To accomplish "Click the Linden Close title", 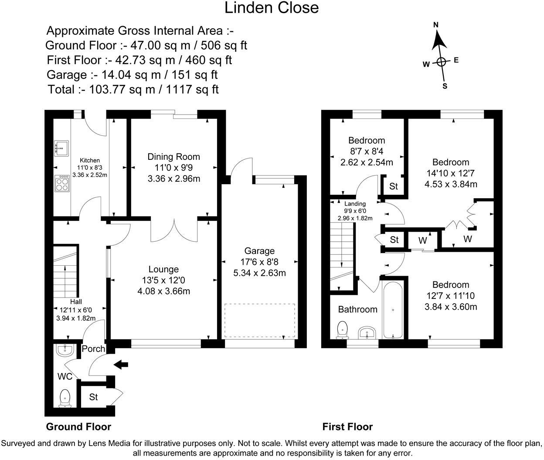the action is pos(271,8).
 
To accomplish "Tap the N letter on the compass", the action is pos(436,25).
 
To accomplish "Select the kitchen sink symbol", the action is pos(61,148).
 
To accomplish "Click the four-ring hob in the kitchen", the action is pos(62,183).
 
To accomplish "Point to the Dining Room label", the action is pos(173,157).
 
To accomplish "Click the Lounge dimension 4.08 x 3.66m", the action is pos(164,291).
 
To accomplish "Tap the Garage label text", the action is pos(259,251).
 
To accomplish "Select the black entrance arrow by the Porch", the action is pos(121,365).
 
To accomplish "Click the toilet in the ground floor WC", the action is pos(65,399).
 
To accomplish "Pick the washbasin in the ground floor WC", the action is pos(65,351).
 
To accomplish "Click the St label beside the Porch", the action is pos(93,397).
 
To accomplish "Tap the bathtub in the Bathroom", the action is pos(393,310).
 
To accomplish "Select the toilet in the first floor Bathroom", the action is pos(343,330).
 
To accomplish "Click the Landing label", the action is pos(355,203).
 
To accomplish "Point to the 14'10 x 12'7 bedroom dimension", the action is pos(451,173).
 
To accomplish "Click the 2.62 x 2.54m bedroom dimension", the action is pos(367,162).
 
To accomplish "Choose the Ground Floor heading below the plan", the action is pos(79,426).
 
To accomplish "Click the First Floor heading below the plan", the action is pos(347,426).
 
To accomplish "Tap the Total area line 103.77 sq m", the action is pos(133,89).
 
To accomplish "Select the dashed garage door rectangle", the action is pos(259,320).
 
